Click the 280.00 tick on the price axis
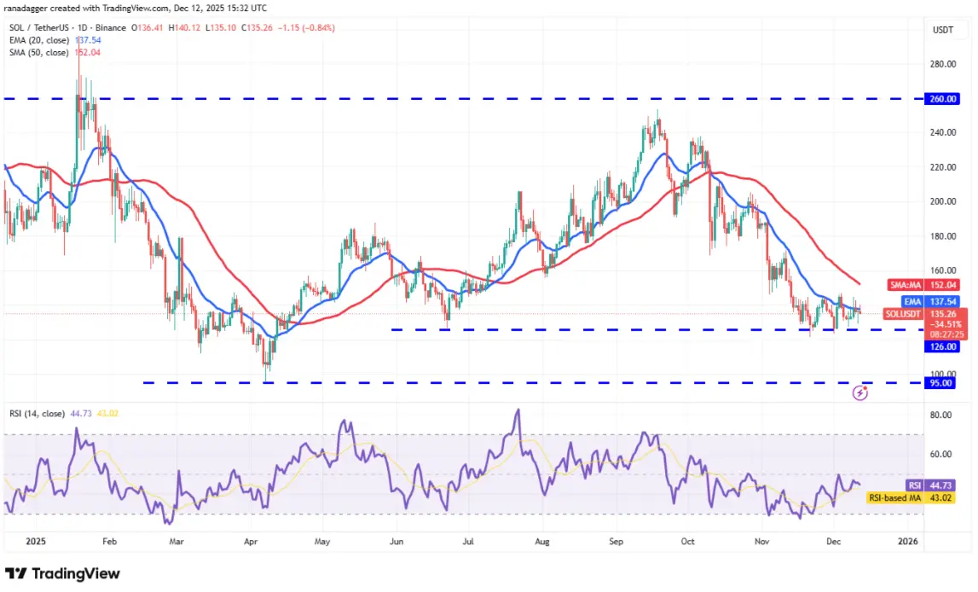(941, 64)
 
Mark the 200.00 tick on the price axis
(941, 202)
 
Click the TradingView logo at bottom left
(62, 573)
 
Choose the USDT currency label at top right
(943, 29)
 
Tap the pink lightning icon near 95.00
(860, 393)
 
